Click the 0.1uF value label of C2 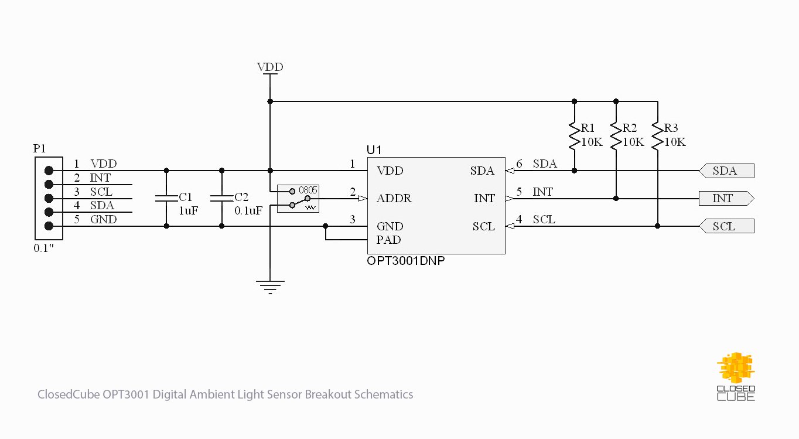pyautogui.click(x=248, y=210)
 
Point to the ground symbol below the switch pyautogui.click(x=270, y=285)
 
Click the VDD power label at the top pyautogui.click(x=270, y=67)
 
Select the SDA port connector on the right pyautogui.click(x=726, y=171)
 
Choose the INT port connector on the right pyautogui.click(x=726, y=199)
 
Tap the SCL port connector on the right pyautogui.click(x=726, y=226)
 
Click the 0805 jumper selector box pyautogui.click(x=298, y=198)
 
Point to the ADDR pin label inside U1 pyautogui.click(x=394, y=199)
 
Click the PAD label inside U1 pyautogui.click(x=388, y=240)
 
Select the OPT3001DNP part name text pyautogui.click(x=405, y=261)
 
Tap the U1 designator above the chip pyautogui.click(x=374, y=150)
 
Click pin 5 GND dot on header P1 pyautogui.click(x=49, y=226)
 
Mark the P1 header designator pyautogui.click(x=39, y=149)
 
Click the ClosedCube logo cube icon pyautogui.click(x=736, y=368)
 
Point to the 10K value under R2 pyautogui.click(x=633, y=142)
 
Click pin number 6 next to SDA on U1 pyautogui.click(x=519, y=164)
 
